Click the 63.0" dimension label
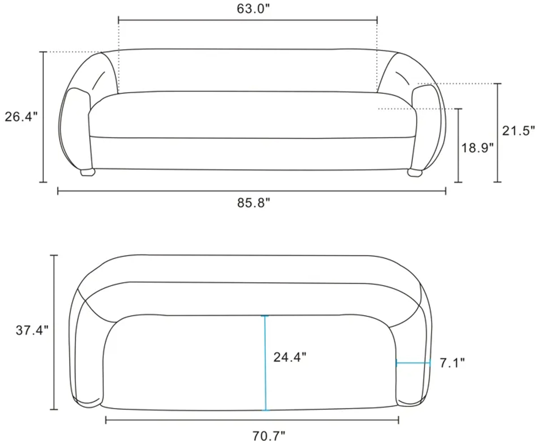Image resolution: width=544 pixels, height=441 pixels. [253, 9]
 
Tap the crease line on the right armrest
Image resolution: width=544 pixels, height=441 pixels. [403, 78]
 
